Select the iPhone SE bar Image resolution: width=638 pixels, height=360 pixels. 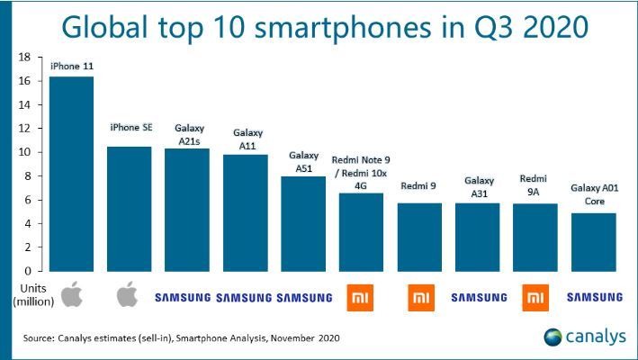pyautogui.click(x=130, y=209)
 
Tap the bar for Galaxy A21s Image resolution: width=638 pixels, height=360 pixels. pyautogui.click(x=187, y=210)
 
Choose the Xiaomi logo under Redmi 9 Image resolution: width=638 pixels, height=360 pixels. pyautogui.click(x=420, y=296)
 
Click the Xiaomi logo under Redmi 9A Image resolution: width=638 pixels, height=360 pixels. pyautogui.click(x=536, y=296)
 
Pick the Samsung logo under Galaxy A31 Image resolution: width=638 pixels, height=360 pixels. pyautogui.click(x=479, y=296)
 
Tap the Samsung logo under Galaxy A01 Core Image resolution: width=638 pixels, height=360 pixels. pyautogui.click(x=594, y=296)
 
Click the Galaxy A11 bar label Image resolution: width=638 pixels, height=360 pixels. pyautogui.click(x=246, y=140)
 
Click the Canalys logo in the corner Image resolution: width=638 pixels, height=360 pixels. pyautogui.click(x=584, y=337)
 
